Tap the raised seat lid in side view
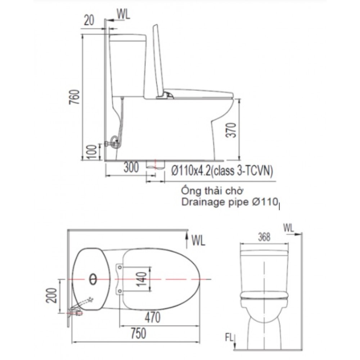pos(158,61)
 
